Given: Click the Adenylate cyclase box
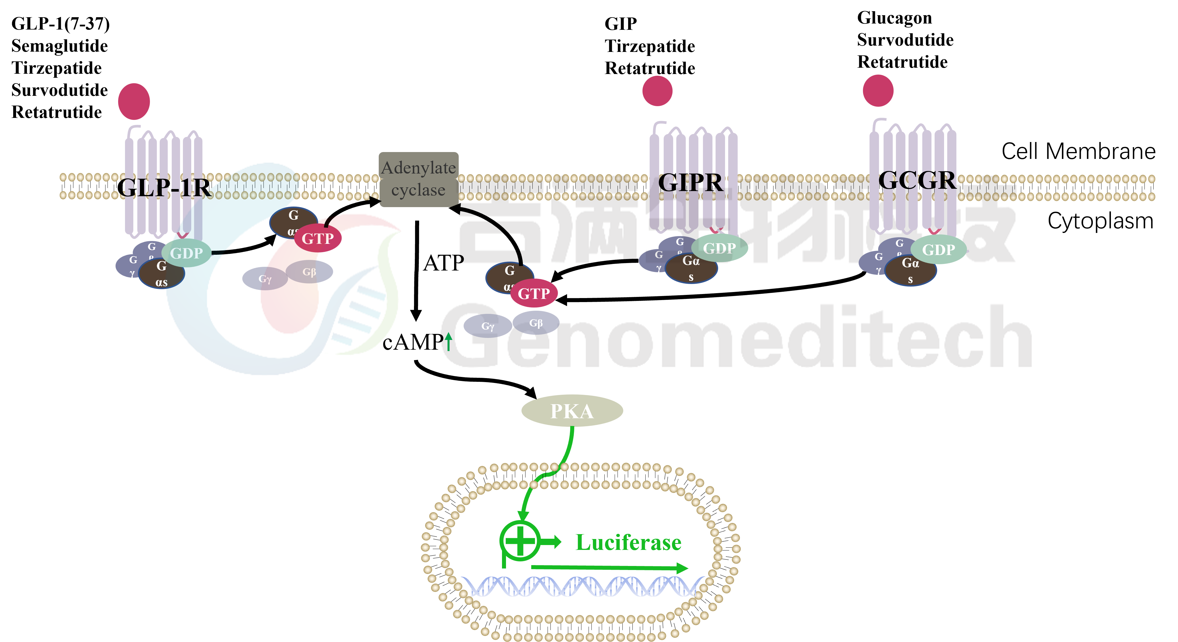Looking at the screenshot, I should (x=419, y=179).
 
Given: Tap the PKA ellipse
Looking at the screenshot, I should (x=572, y=411).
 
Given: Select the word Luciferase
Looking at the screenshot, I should (x=628, y=543).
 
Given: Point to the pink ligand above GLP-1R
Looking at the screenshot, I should (x=134, y=102).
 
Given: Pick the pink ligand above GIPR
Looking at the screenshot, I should (x=657, y=91).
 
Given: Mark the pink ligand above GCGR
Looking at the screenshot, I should (x=878, y=91).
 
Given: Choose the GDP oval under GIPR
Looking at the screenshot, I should (x=719, y=248).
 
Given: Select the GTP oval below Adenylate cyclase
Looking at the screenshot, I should (x=534, y=293).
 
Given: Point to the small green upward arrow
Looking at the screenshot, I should (x=449, y=341).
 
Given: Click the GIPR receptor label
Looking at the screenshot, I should (x=691, y=183).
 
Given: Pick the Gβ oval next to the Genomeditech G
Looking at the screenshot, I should (x=536, y=323).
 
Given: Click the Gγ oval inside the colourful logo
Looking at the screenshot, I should (x=265, y=279).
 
